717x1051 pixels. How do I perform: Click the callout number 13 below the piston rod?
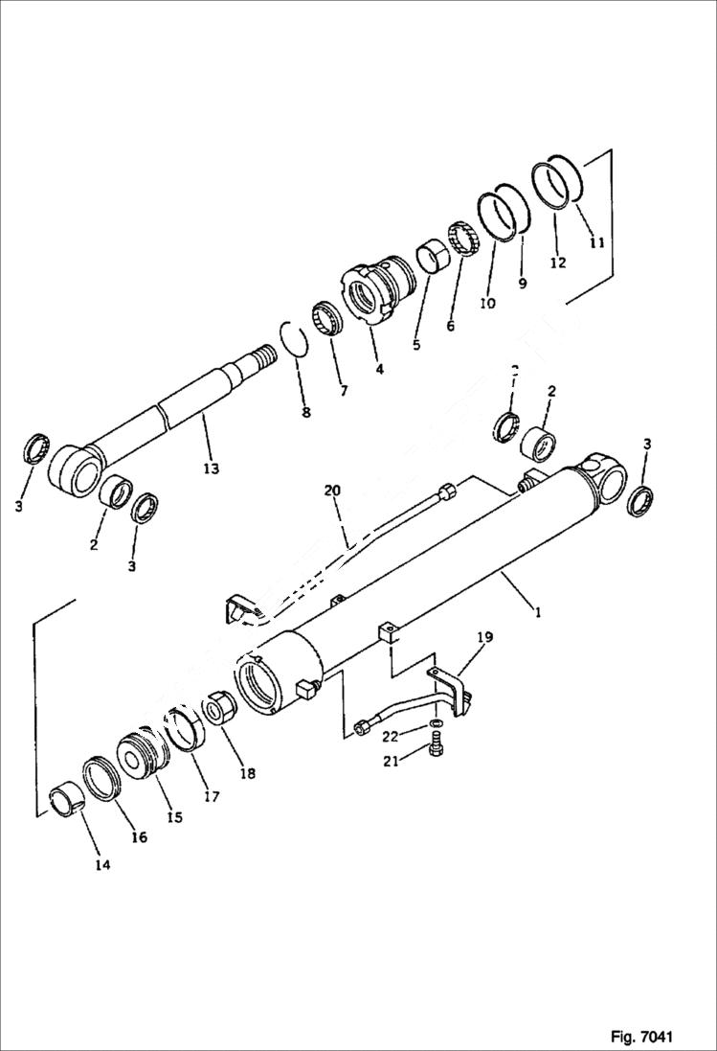click(x=211, y=468)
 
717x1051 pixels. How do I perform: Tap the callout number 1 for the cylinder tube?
click(x=538, y=611)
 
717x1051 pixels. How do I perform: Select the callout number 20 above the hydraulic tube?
click(x=332, y=491)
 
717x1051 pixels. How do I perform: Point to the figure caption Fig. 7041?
click(x=641, y=1037)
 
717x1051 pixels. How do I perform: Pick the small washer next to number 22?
click(x=437, y=721)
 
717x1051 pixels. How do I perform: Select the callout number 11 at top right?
click(x=596, y=243)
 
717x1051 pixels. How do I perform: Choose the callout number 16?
click(x=139, y=837)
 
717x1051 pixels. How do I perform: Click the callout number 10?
click(x=487, y=304)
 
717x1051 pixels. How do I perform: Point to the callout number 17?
click(x=210, y=796)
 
